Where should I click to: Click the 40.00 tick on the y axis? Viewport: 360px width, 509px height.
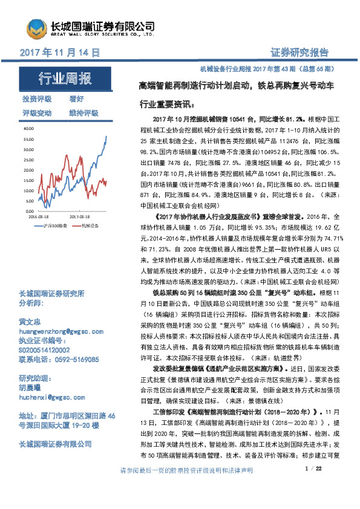28,129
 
